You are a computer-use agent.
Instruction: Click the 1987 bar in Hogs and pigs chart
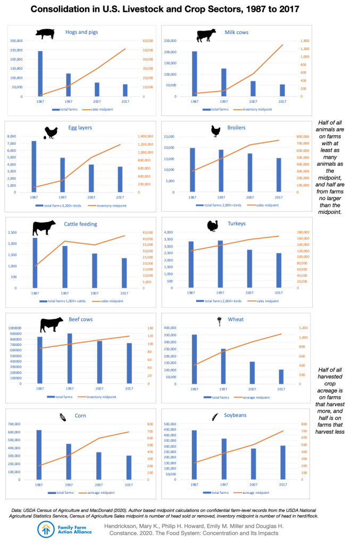click(40, 73)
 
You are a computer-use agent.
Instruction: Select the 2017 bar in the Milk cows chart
click(282, 90)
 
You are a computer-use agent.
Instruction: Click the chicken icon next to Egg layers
click(51, 131)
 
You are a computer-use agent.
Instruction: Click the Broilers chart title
click(235, 128)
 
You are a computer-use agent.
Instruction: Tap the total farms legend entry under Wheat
click(219, 397)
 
